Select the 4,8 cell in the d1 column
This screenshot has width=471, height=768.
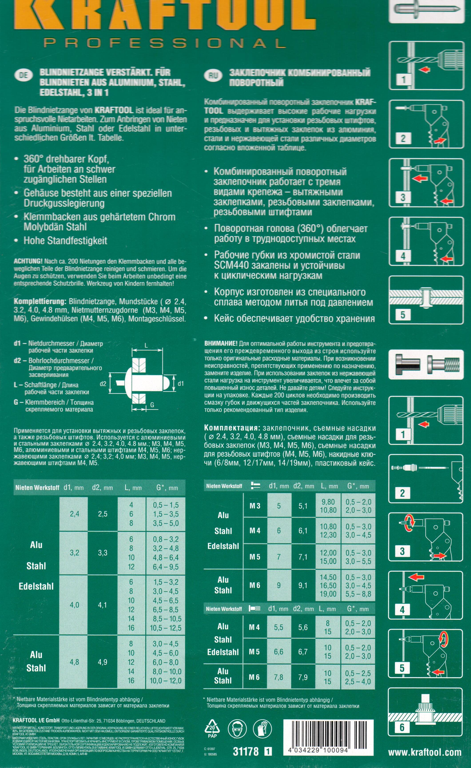(x=74, y=662)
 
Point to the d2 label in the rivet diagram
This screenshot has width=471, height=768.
(x=103, y=384)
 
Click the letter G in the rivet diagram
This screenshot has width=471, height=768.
(x=152, y=405)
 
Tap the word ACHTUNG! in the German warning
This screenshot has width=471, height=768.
(x=28, y=261)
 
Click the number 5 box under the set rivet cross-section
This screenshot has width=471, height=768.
(x=402, y=315)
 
